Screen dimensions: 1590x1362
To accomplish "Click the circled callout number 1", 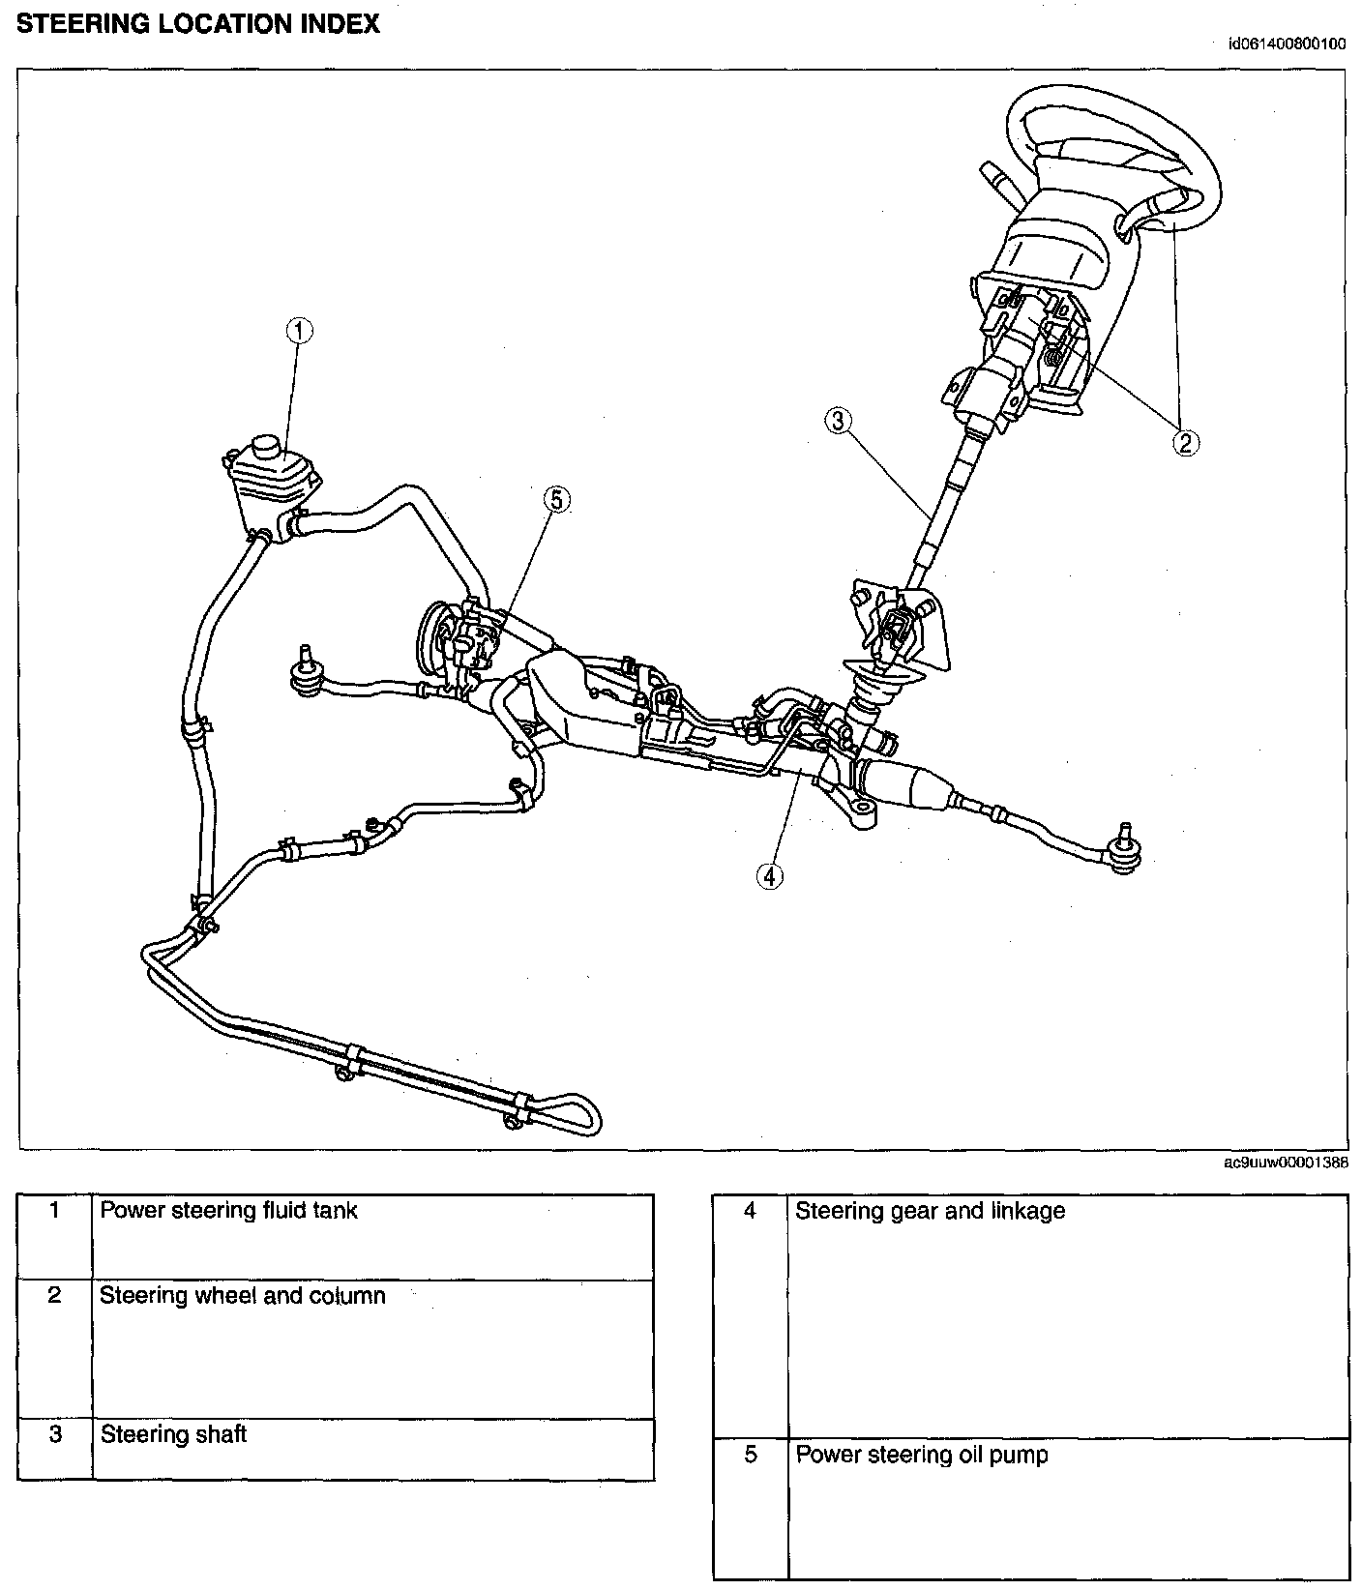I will (x=299, y=331).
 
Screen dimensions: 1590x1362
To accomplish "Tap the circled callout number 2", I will (x=1185, y=442).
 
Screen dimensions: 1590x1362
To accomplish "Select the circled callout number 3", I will (x=838, y=420).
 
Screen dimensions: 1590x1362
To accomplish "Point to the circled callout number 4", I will (x=769, y=875).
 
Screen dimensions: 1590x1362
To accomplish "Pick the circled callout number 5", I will (x=557, y=499).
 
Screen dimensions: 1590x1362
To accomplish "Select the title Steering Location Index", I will (x=198, y=25).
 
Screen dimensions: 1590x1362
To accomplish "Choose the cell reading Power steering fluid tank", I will (x=228, y=1210).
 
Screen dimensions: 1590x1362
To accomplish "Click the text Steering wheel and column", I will (x=243, y=1295).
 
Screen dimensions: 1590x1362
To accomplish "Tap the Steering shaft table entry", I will (x=173, y=1433).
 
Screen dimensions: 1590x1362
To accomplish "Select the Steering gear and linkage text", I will (x=930, y=1211).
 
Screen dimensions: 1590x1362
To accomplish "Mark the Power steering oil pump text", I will (x=921, y=1455).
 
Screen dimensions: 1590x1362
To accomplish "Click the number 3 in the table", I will (x=55, y=1433).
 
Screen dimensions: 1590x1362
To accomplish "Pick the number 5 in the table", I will (x=750, y=1455).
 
